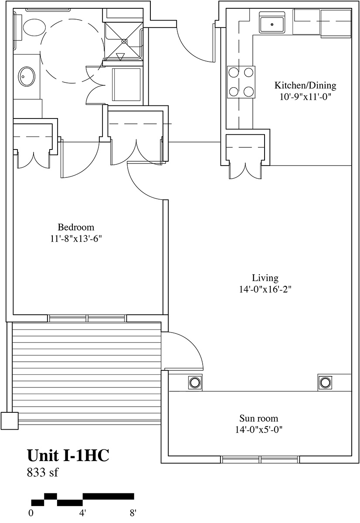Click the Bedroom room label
coord(76,227)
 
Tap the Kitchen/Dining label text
coord(306,86)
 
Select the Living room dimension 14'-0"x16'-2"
coord(265,289)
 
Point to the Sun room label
coord(259,418)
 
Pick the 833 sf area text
coord(42,472)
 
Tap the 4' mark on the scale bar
coord(82,513)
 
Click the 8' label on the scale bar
coord(133,513)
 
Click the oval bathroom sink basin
coord(27,76)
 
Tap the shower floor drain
coord(124,41)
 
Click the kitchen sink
coord(272,24)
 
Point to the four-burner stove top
coord(241,82)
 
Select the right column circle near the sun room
coord(324,383)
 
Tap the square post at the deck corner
coord(10,421)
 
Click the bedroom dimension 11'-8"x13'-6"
coord(76,239)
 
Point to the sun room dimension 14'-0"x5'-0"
coord(259,430)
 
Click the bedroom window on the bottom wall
coord(87,318)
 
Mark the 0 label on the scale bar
coord(31,513)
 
